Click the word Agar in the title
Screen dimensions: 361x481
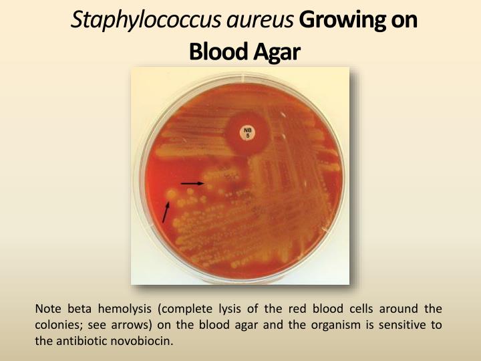[273, 51]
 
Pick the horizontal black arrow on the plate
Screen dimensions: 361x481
[192, 183]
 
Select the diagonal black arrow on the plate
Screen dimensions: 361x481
[166, 211]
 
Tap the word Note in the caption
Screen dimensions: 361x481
[47, 308]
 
